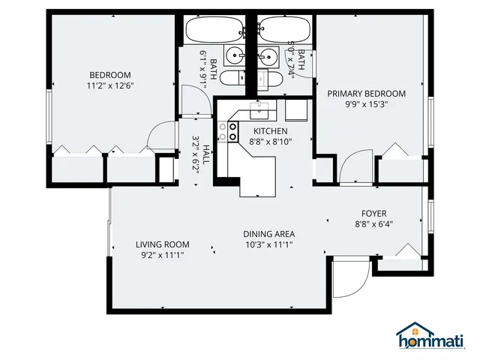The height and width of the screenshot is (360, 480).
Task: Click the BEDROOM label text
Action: (110, 75)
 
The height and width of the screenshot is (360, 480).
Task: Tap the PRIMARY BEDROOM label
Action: (366, 94)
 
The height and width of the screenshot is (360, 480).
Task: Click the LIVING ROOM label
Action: (162, 244)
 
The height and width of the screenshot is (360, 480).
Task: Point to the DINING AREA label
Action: (268, 233)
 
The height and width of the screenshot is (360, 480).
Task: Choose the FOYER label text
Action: (373, 212)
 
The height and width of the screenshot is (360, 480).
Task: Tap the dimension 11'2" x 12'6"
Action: (110, 85)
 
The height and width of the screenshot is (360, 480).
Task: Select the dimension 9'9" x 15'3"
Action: (366, 105)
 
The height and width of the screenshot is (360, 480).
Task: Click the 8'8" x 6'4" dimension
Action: (373, 223)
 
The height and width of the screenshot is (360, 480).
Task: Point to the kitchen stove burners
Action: (223, 133)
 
